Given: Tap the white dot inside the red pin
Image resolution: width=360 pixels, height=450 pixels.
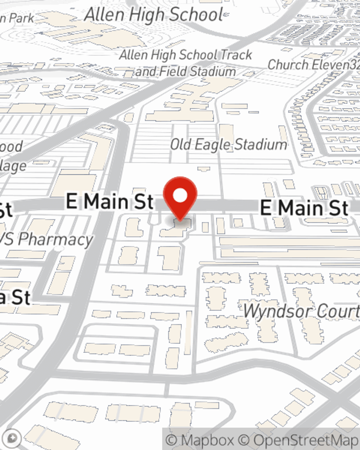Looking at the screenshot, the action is point(180,196).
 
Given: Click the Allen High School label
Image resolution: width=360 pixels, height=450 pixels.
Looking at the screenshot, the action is point(154,15).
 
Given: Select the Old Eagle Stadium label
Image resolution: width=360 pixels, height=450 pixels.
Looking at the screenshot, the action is point(229,145).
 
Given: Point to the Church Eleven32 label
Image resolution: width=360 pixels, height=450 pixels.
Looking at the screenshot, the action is point(313,65).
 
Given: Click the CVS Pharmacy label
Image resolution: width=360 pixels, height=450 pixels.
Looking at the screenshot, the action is point(47,239).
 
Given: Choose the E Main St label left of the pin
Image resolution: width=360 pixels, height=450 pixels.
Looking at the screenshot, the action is point(110,201).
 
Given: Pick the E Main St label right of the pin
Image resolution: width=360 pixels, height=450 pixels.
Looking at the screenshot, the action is point(304,208).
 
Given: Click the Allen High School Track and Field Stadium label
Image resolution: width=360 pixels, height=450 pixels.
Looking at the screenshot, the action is point(185,63).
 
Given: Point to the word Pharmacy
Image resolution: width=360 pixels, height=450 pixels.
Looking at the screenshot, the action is point(56,240).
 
